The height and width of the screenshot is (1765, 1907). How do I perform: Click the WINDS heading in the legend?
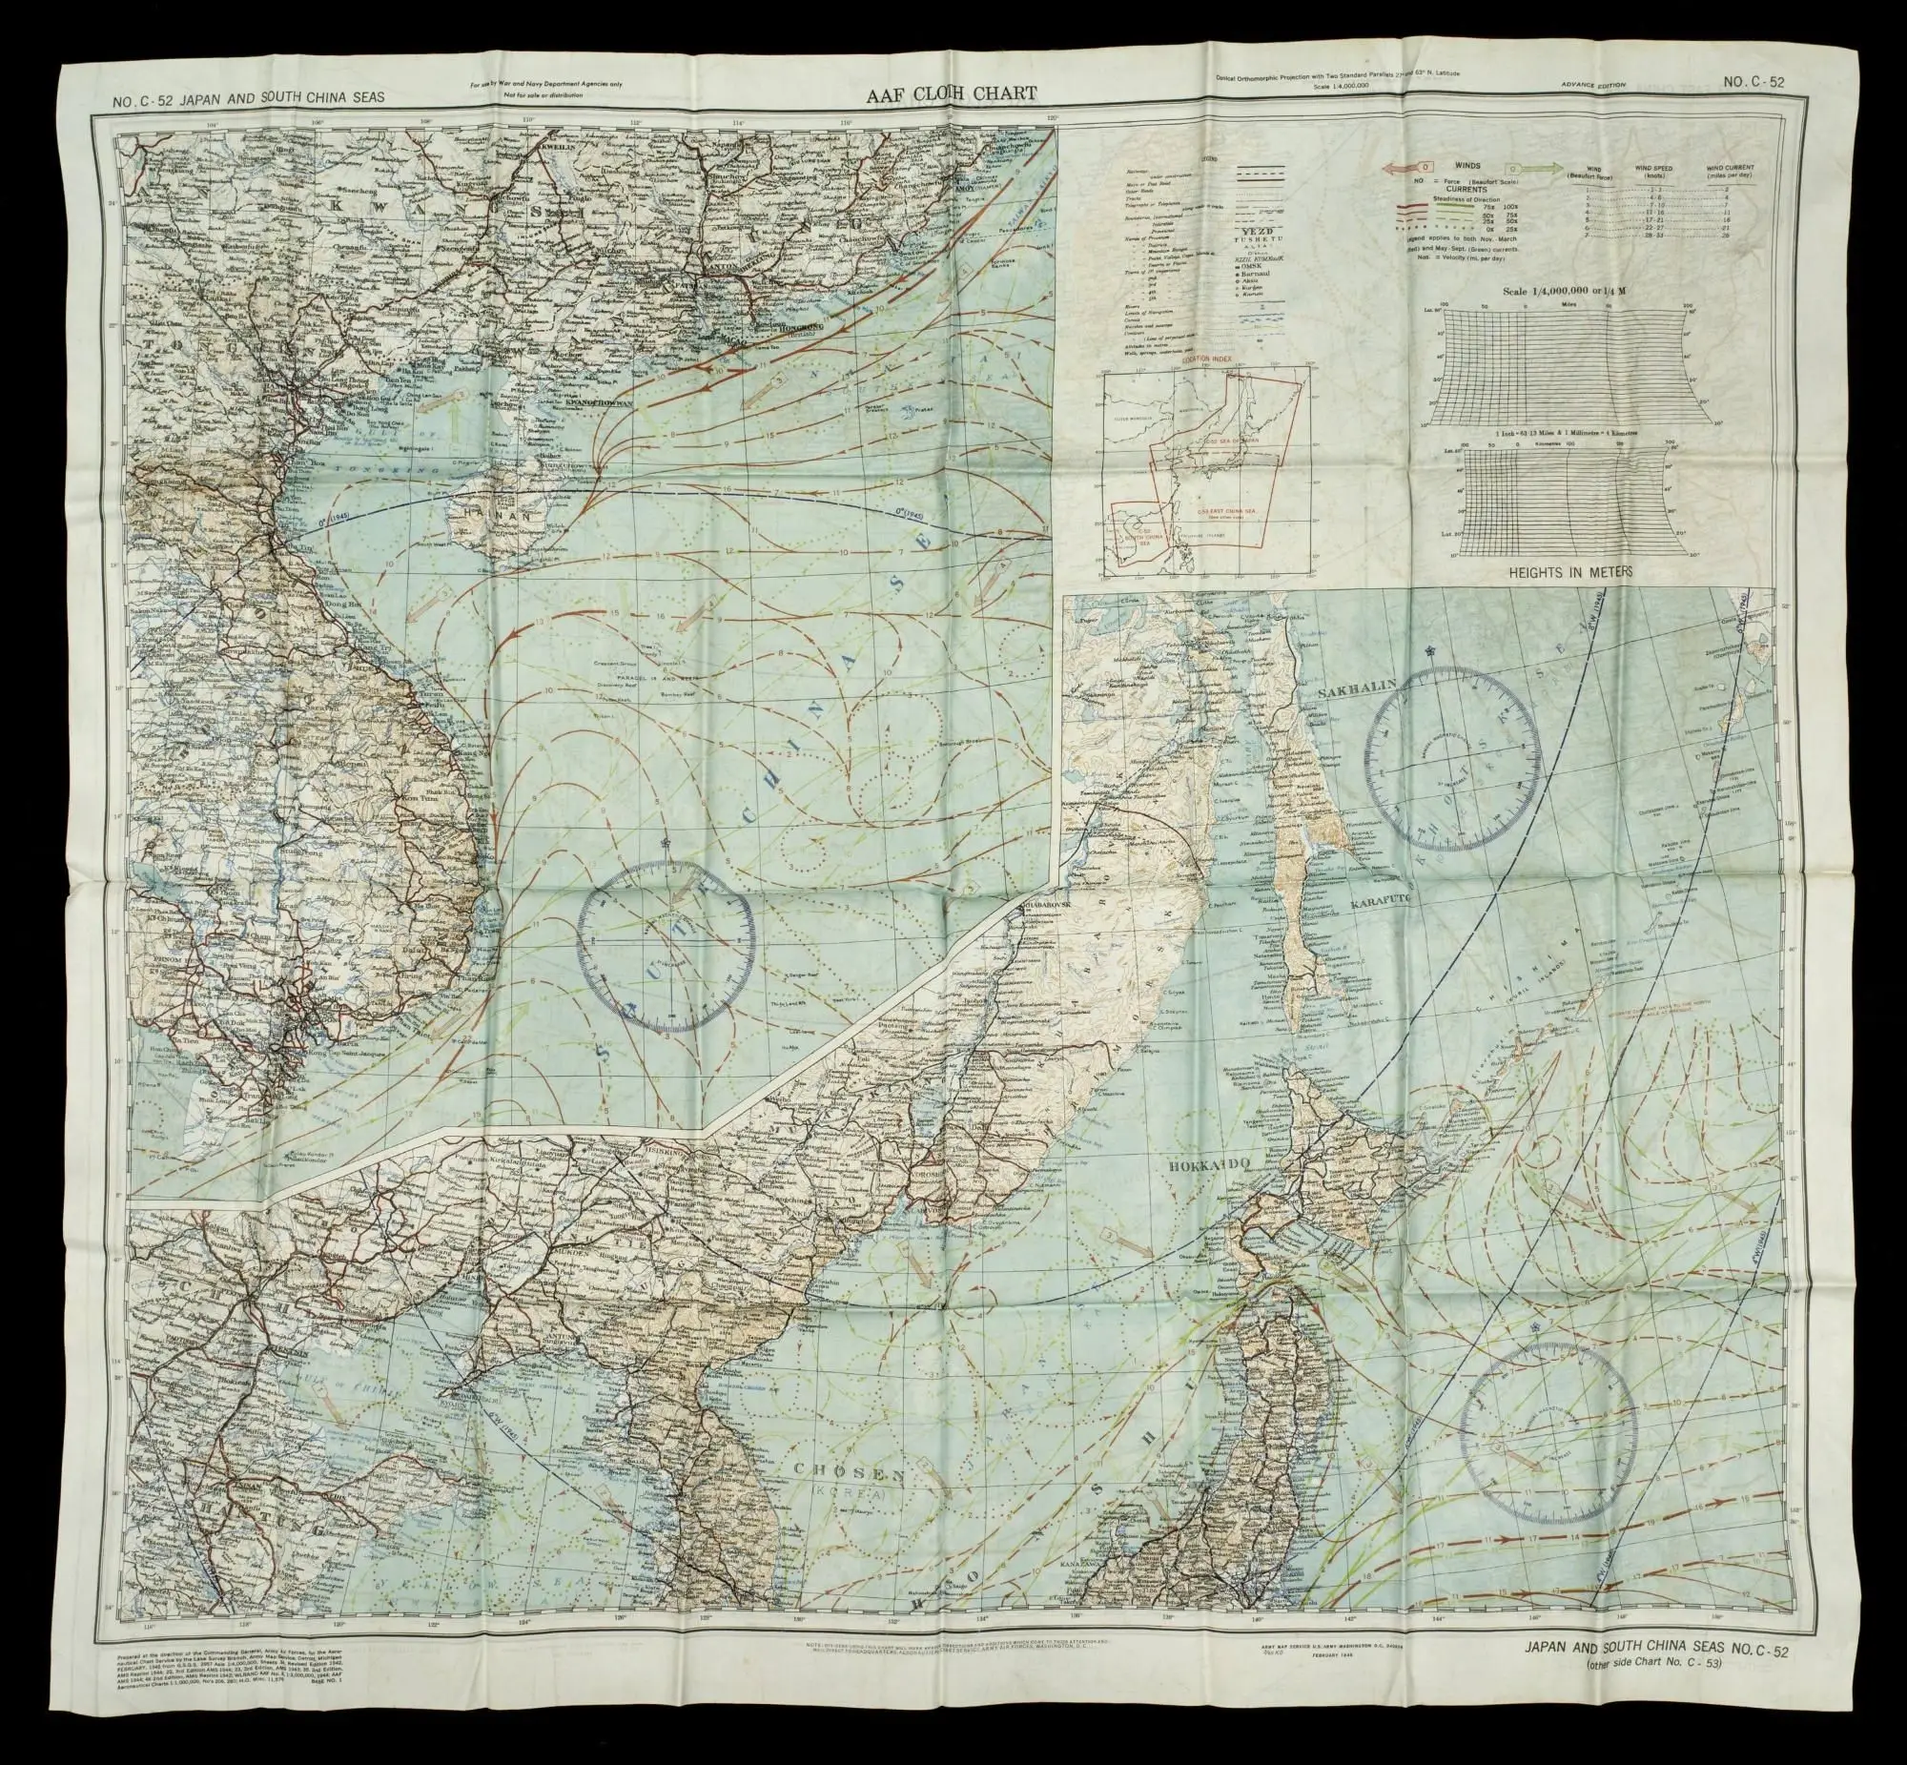[1466, 165]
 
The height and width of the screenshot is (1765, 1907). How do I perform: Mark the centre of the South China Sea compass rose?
[666, 945]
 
